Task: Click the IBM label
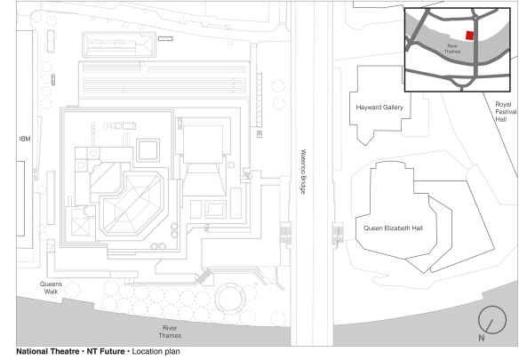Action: point(25,140)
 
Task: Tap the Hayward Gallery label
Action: point(379,108)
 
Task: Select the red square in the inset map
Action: point(470,36)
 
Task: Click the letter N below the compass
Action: point(481,339)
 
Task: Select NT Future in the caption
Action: point(106,353)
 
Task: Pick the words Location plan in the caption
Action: point(161,353)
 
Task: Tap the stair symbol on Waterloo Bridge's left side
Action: point(286,233)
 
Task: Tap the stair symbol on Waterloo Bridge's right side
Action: point(338,233)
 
